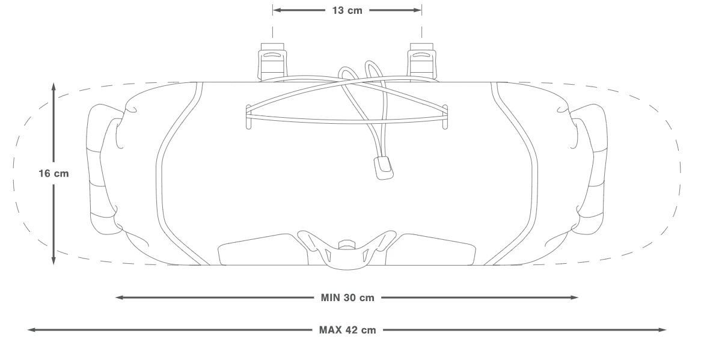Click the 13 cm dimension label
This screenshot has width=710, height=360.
pyautogui.click(x=347, y=10)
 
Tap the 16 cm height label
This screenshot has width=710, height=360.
pyautogui.click(x=54, y=174)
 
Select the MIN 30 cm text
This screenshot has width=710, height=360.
pyautogui.click(x=347, y=297)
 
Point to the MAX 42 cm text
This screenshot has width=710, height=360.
pyautogui.click(x=347, y=330)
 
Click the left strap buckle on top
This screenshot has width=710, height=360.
pyautogui.click(x=272, y=62)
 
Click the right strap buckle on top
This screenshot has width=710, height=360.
pyautogui.click(x=422, y=62)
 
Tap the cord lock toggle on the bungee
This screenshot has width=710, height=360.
pyautogui.click(x=384, y=168)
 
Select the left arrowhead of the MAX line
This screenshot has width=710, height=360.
pyautogui.click(x=32, y=330)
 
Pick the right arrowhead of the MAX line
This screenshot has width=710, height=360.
pyautogui.click(x=662, y=330)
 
